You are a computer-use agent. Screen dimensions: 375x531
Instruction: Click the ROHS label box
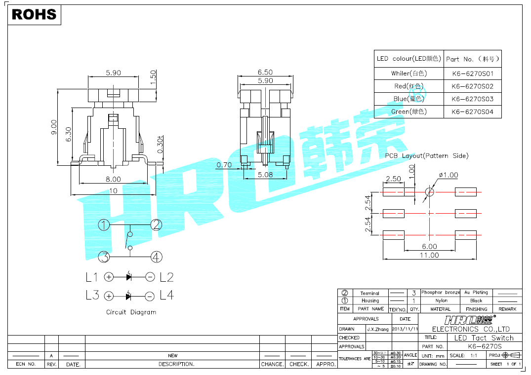[x=34, y=14]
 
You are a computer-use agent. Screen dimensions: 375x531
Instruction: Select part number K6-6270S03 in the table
[x=473, y=99]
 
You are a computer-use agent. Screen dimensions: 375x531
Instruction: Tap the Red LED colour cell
[x=408, y=86]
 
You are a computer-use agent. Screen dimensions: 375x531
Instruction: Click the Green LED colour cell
[x=408, y=112]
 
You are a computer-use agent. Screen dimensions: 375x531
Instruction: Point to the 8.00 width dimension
[x=113, y=179]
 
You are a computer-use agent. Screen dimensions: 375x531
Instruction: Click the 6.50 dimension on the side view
[x=265, y=73]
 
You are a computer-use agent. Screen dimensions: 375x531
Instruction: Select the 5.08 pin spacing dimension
[x=265, y=174]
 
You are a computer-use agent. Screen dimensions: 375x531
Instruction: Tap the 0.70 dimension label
[x=224, y=165]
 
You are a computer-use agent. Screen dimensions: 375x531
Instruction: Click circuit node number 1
[x=103, y=225]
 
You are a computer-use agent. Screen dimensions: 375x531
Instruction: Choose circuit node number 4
[x=156, y=257]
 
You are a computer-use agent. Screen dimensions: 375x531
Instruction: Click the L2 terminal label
[x=166, y=277]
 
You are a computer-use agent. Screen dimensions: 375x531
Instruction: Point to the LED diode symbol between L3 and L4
[x=129, y=296]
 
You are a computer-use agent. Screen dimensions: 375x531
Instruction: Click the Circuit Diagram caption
[x=131, y=312]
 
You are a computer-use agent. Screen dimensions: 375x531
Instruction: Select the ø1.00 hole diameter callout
[x=448, y=175]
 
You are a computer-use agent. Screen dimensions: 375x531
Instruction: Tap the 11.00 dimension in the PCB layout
[x=429, y=255]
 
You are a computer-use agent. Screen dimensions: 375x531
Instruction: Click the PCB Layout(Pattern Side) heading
[x=426, y=156]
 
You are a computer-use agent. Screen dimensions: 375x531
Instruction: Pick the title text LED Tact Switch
[x=484, y=337]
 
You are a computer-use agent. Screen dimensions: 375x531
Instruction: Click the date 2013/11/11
[x=405, y=329]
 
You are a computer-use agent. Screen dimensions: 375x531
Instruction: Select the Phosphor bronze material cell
[x=440, y=293]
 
